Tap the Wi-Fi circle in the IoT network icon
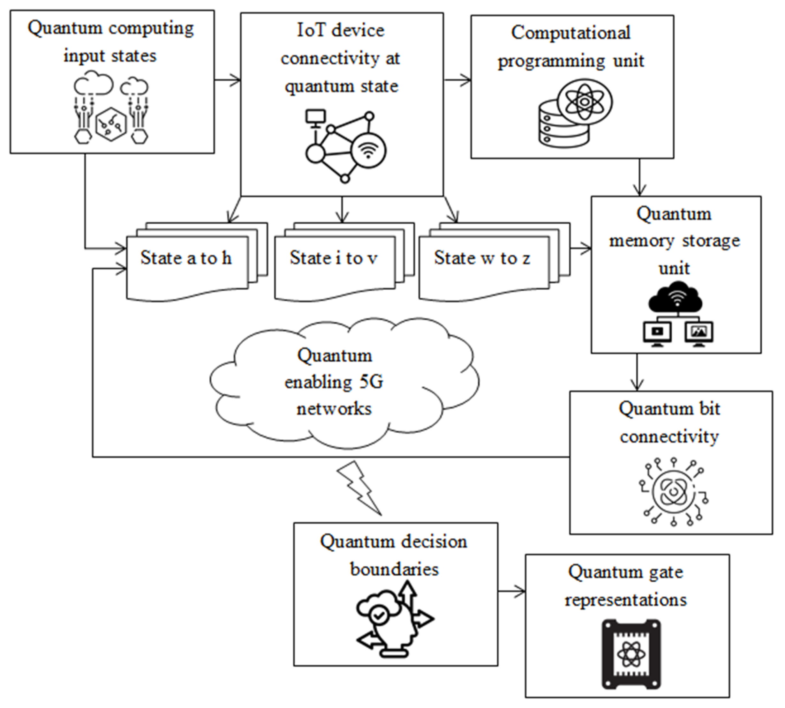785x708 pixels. tap(368, 150)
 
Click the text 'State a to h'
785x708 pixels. tap(186, 258)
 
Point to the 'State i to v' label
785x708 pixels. tap(333, 258)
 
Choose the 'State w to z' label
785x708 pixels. tap(481, 258)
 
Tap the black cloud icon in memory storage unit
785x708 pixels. tap(676, 300)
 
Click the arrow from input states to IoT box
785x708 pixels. tap(228, 80)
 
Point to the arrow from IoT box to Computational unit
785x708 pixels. tap(457, 80)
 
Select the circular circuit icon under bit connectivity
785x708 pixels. tap(673, 492)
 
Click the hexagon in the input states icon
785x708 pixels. tap(111, 124)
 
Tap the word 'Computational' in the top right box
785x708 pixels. tap(570, 33)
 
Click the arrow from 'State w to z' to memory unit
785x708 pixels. tap(581, 248)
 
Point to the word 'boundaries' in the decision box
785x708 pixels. tap(394, 570)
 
